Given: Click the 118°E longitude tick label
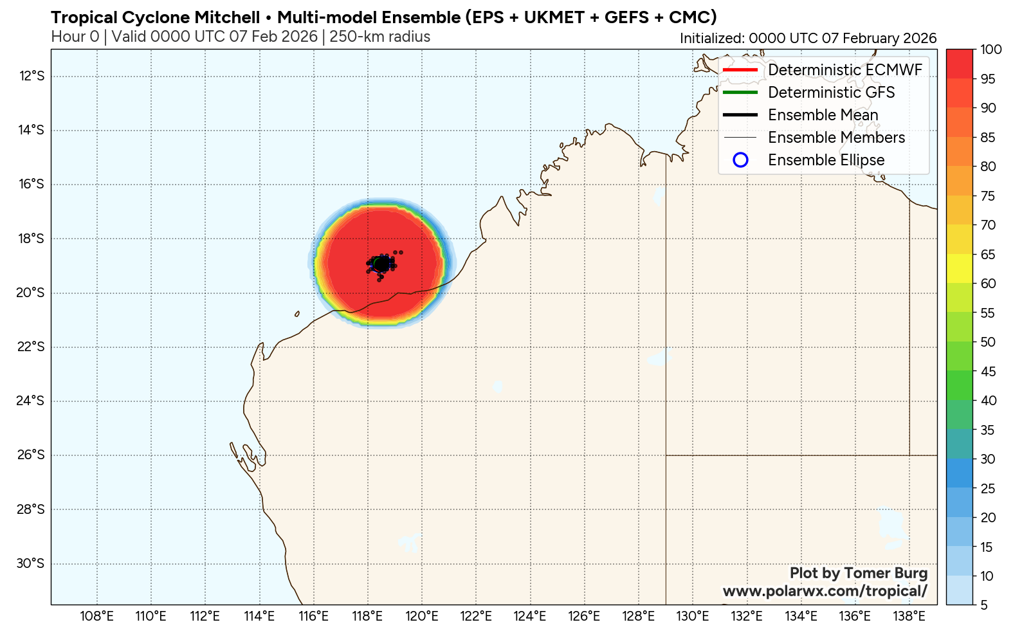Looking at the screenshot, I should [x=367, y=616].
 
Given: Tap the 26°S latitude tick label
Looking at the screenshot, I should [x=31, y=455].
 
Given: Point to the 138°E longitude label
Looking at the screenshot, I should [x=909, y=616].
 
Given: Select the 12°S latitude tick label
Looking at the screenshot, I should [x=32, y=77].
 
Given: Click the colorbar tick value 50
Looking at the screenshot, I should [x=988, y=342].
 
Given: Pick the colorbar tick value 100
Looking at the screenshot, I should [x=990, y=50].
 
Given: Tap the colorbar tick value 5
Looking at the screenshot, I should [x=984, y=605].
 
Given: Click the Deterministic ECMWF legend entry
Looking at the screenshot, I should [x=844, y=70].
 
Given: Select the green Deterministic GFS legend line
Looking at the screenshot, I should [x=740, y=93].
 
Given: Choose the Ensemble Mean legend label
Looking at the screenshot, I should [x=823, y=115].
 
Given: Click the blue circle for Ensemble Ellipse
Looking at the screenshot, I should [x=740, y=160].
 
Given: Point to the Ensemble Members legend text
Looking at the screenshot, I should [x=836, y=138].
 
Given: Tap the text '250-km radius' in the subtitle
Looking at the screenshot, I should [x=379, y=37].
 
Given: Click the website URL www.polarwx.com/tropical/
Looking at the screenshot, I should [x=825, y=591].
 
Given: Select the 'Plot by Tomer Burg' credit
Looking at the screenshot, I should [x=858, y=573].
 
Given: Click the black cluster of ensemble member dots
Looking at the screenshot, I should [x=381, y=264].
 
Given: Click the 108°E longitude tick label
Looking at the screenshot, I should [x=96, y=616].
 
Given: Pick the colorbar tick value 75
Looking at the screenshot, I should [x=988, y=196].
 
